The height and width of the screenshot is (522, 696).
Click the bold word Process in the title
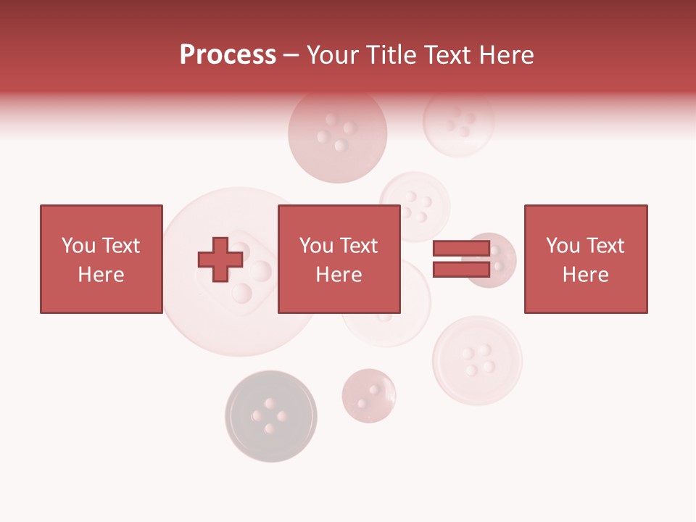pyautogui.click(x=228, y=55)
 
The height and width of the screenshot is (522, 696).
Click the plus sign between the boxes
pyautogui.click(x=220, y=259)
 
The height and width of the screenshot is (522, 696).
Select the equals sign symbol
pyautogui.click(x=461, y=259)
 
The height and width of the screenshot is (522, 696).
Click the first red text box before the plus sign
pyautogui.click(x=101, y=259)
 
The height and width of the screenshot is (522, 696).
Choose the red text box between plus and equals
pyautogui.click(x=339, y=259)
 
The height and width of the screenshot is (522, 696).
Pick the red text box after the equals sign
pyautogui.click(x=585, y=259)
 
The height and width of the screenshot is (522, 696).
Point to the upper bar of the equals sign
pyautogui.click(x=461, y=249)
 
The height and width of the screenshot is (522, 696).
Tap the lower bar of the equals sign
pyautogui.click(x=461, y=269)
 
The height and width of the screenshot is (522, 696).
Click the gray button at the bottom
pyautogui.click(x=270, y=415)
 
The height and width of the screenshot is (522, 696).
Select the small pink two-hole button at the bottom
pyautogui.click(x=369, y=395)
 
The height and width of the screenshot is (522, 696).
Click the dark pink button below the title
pyautogui.click(x=337, y=134)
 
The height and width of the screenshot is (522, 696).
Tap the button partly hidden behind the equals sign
pyautogui.click(x=500, y=260)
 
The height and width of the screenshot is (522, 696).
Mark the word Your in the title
pyautogui.click(x=333, y=55)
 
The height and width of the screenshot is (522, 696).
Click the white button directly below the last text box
pyautogui.click(x=477, y=360)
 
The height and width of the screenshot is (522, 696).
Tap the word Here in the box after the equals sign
pyautogui.click(x=585, y=275)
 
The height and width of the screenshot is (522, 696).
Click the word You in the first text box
pyautogui.click(x=78, y=246)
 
